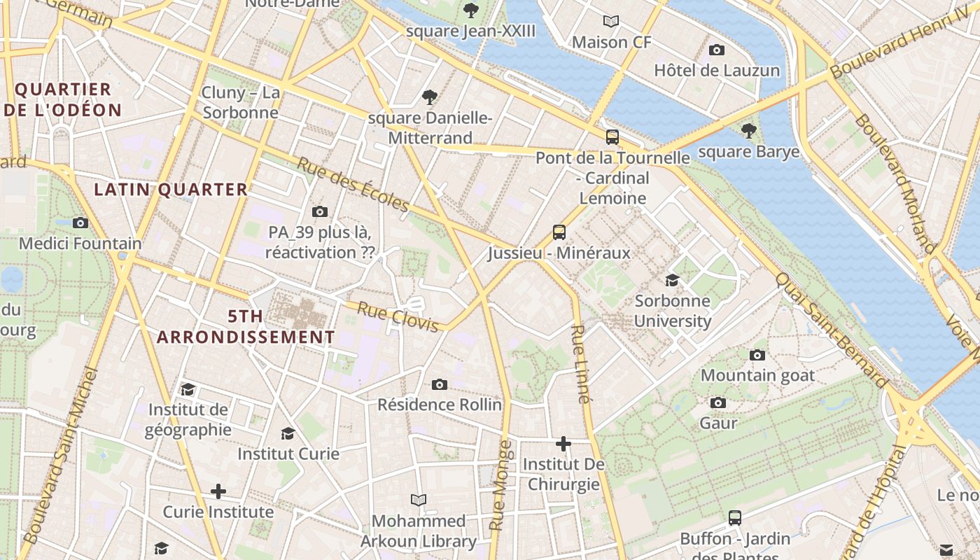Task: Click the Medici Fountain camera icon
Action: coord(80,223)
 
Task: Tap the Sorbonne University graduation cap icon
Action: coord(672,280)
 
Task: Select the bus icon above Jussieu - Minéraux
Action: coord(559,232)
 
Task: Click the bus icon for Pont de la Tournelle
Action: coord(612,137)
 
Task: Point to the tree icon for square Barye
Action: coord(748,130)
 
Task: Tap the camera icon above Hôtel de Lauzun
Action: coord(716,50)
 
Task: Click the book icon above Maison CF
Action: coord(611,21)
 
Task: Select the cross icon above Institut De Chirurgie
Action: coord(563,444)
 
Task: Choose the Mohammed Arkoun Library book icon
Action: coord(419,500)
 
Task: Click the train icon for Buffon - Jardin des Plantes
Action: coord(735,518)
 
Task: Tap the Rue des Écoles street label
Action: coord(353,185)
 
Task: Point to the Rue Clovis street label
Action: coord(398,316)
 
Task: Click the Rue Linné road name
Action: coord(580,364)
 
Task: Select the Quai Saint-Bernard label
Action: coord(831,329)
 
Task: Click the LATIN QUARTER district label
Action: coord(171,189)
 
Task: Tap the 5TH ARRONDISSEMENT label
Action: coord(246,327)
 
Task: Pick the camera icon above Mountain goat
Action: coord(757,355)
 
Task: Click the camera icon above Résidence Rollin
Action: coord(439,384)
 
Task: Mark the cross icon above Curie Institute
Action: coord(218,491)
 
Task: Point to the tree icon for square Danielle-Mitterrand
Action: coord(430,97)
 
